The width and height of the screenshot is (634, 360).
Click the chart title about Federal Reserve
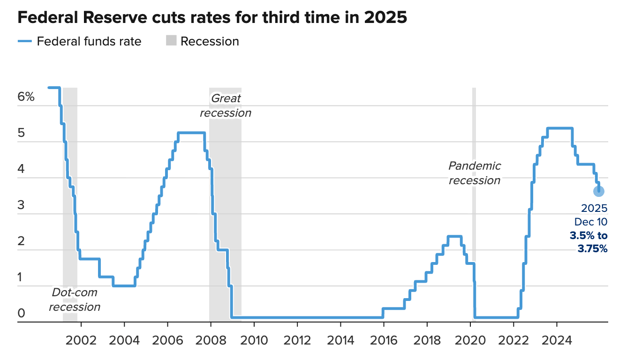click(212, 17)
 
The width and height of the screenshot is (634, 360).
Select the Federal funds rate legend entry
click(80, 41)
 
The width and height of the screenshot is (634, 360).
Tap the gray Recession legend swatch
click(171, 41)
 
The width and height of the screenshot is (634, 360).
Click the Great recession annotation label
click(226, 105)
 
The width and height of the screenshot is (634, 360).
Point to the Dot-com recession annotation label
click(75, 300)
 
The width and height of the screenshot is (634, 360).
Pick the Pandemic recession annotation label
click(475, 173)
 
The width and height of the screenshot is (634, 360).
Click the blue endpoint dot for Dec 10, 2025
click(598, 191)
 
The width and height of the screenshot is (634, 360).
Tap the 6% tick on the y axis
click(26, 97)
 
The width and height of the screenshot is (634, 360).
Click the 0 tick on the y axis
click(21, 313)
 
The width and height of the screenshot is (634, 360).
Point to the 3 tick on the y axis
click(21, 205)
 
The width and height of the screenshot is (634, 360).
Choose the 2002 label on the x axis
click(81, 340)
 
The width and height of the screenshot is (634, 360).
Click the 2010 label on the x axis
click(254, 340)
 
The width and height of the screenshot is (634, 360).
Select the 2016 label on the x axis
click(384, 340)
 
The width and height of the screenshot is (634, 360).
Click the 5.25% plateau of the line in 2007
click(191, 133)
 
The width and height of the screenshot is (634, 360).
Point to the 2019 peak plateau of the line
click(455, 236)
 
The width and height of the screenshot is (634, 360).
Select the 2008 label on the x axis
click(211, 340)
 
